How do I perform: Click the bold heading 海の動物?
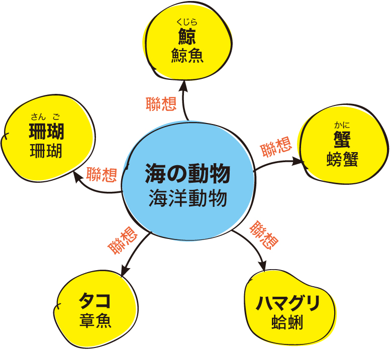(187, 173)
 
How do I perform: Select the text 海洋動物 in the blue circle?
(188, 198)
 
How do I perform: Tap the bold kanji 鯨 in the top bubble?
(187, 37)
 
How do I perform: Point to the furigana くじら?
(187, 22)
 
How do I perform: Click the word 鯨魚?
(187, 55)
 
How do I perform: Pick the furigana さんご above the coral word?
(46, 116)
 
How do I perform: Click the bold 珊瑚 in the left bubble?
(47, 132)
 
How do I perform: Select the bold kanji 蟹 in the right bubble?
(342, 140)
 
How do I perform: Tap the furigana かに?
(342, 125)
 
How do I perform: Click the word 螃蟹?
(342, 159)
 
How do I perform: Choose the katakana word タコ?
(95, 301)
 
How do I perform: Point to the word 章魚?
(95, 320)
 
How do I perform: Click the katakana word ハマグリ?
(288, 303)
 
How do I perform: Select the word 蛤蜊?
(287, 322)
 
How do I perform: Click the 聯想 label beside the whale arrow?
(161, 104)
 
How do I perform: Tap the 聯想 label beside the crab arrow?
(276, 147)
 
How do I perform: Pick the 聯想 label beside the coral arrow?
(102, 174)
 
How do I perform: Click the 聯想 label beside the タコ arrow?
(123, 241)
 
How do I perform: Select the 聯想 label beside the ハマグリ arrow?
(264, 235)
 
